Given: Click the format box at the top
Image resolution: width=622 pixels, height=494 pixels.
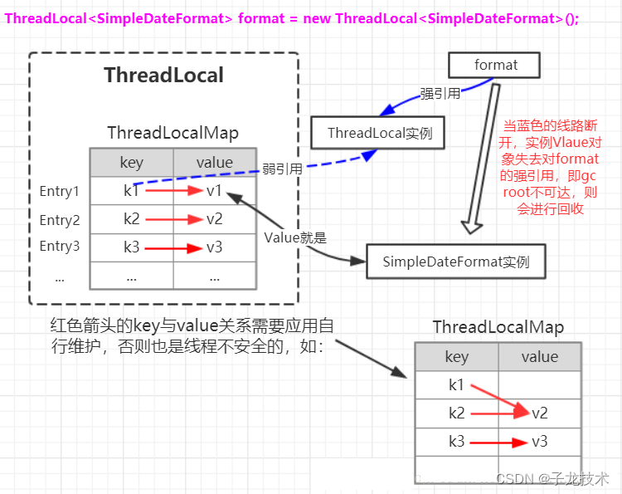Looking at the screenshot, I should click(x=495, y=65).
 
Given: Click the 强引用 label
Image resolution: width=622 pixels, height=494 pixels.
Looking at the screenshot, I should click(x=440, y=94).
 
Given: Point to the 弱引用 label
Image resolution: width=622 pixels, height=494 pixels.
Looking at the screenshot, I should click(x=282, y=169).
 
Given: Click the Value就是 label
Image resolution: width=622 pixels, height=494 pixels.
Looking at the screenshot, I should click(x=295, y=237).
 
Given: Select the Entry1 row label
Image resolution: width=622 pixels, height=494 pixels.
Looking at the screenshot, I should click(x=60, y=192).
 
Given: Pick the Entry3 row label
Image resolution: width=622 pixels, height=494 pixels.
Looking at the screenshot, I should click(x=60, y=247).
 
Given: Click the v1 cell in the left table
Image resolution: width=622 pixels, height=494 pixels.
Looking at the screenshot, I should click(x=214, y=191).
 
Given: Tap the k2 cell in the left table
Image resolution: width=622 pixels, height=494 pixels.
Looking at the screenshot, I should click(x=131, y=220).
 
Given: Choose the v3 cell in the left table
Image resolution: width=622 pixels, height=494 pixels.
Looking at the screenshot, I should click(x=214, y=247).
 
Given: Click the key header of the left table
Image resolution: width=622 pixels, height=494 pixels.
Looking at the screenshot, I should click(x=131, y=163).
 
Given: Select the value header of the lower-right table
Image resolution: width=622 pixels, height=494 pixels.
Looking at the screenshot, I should click(x=539, y=357).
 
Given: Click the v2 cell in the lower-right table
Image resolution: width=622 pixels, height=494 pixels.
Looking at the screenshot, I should click(x=539, y=413).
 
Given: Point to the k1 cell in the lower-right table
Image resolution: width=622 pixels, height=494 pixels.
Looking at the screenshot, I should click(x=457, y=384).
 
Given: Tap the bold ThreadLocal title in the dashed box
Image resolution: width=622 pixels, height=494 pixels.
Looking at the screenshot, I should click(x=163, y=76).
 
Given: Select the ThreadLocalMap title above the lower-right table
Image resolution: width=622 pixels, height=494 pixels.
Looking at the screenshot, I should click(x=498, y=327).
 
